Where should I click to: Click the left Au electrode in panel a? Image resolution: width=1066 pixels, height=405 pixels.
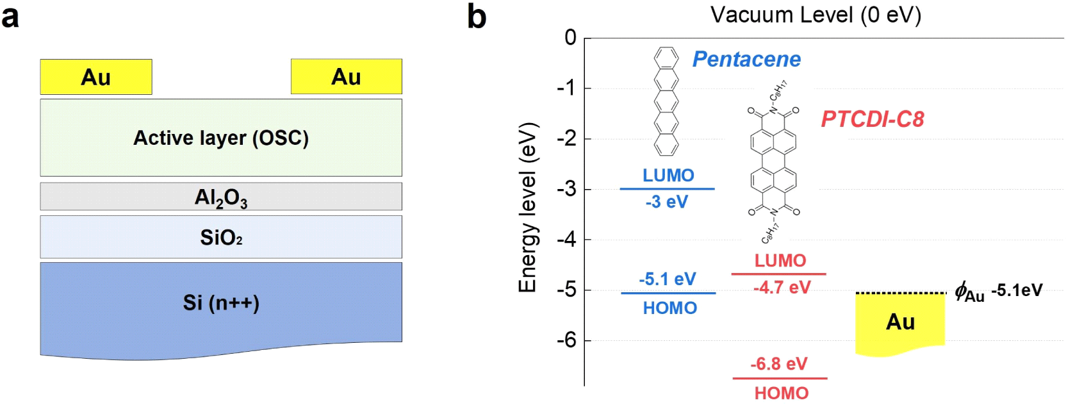[x=96, y=77]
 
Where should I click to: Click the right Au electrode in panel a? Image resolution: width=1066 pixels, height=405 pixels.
[x=346, y=77]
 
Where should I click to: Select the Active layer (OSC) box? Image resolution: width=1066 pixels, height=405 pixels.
[x=221, y=138]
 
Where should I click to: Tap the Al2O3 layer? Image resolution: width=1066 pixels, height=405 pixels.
[x=221, y=197]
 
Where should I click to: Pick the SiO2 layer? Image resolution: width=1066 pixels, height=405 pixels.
[x=221, y=237]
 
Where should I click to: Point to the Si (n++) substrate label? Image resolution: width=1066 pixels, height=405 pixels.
[x=221, y=302]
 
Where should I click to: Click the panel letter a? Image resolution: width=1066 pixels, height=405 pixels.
[x=10, y=17]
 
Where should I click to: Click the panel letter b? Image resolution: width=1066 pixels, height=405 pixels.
[x=477, y=17]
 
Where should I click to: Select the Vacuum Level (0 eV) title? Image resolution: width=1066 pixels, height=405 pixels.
[x=816, y=15]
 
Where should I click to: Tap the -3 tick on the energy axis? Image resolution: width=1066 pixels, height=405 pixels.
[x=566, y=189]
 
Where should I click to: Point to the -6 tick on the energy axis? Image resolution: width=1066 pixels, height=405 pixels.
[x=566, y=340]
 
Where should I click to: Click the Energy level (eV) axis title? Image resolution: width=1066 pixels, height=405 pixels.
[x=527, y=207]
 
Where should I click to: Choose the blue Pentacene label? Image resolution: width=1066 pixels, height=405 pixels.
[x=746, y=59]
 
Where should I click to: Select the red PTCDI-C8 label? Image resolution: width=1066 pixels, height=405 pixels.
[x=873, y=119]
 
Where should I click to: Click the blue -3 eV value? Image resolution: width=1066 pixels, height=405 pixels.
[x=666, y=202]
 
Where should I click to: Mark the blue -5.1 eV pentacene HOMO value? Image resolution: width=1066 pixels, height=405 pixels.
[x=667, y=279]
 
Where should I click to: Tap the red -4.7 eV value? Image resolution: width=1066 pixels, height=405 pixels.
[x=782, y=287]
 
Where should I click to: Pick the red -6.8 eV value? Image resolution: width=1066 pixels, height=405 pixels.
[x=779, y=364]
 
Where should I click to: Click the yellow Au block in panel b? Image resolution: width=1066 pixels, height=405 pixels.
[x=900, y=322]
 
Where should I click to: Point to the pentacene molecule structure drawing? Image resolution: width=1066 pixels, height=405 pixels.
[x=666, y=101]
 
